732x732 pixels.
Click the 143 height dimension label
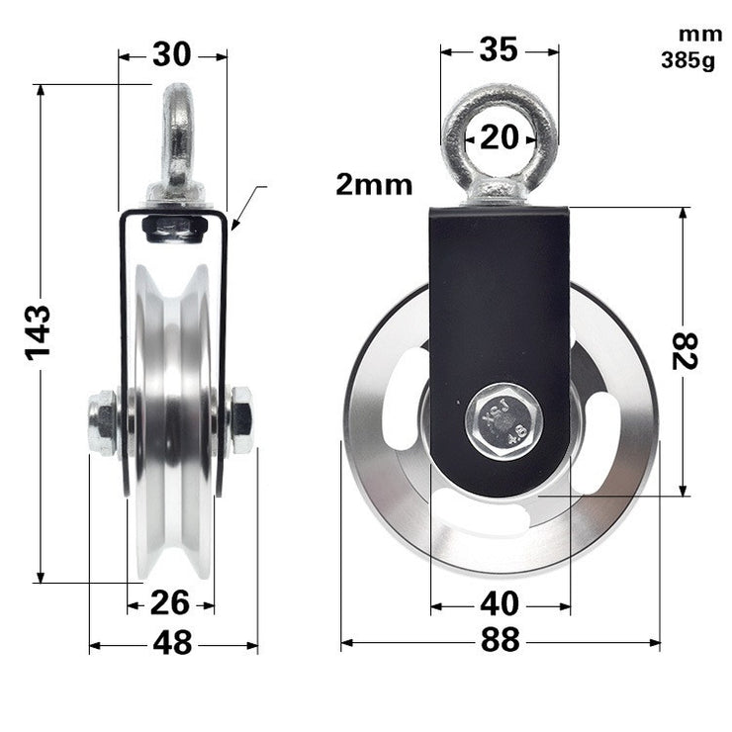point(39,332)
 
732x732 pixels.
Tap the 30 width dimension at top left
point(172,55)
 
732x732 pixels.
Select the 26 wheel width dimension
point(170,602)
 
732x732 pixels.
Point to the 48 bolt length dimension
point(172,643)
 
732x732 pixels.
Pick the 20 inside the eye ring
point(500,137)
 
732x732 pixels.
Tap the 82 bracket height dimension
point(685,351)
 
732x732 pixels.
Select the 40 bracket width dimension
point(500,602)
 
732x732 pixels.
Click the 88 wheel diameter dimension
point(501,641)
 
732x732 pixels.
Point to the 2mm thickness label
point(373,184)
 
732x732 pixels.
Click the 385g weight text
point(687,61)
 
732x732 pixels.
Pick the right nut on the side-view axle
point(240,420)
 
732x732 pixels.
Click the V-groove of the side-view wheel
point(173,415)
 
